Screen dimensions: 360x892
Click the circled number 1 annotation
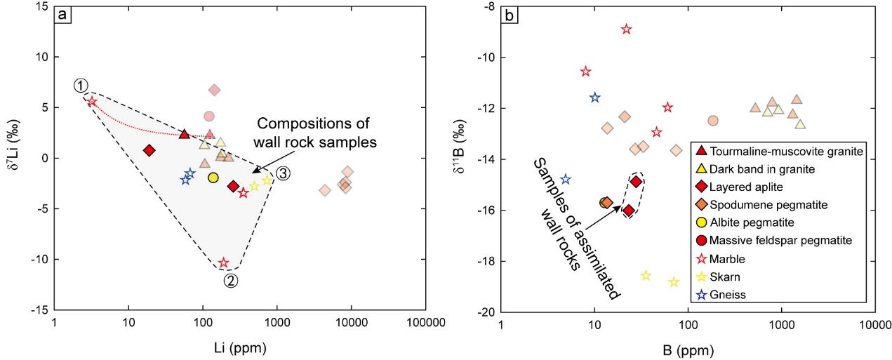tap(81, 86)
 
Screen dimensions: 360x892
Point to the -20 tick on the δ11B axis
tap(484, 312)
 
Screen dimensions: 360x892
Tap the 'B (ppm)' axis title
tap(687, 347)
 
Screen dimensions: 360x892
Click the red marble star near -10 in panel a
tap(224, 263)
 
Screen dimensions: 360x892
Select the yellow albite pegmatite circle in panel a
tap(213, 178)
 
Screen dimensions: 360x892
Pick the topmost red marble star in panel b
tap(626, 29)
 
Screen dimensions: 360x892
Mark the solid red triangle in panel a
tap(185, 134)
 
